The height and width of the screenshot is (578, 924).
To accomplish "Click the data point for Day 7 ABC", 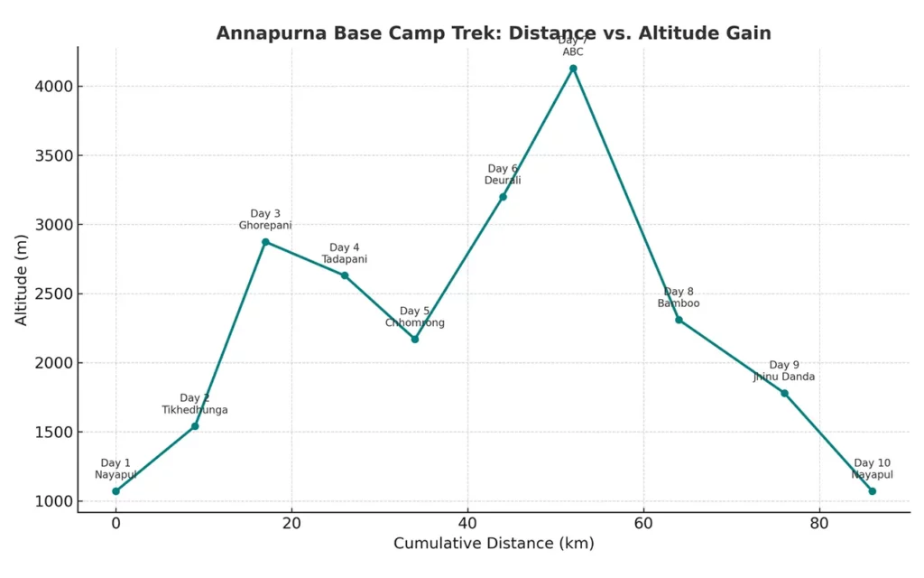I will tap(573, 69).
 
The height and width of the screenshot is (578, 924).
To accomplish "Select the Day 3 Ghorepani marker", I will tap(265, 242).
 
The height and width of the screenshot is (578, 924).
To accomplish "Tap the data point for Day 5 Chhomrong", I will tap(415, 339).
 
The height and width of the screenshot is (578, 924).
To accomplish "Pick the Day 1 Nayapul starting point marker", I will tap(115, 491).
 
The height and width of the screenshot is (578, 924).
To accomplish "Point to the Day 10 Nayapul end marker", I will tap(872, 491).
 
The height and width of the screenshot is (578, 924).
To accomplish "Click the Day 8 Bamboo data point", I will tap(679, 320).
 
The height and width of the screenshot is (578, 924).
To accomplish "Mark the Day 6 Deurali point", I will tap(503, 197).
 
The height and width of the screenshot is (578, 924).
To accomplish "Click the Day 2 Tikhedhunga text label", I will tap(195, 404).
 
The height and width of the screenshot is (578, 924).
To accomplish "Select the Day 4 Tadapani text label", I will tap(344, 254).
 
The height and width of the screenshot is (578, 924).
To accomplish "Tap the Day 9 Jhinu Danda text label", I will tap(784, 371).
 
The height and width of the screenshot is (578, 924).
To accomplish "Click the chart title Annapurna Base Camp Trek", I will tap(494, 33).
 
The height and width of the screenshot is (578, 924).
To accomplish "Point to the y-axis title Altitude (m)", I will tap(22, 278).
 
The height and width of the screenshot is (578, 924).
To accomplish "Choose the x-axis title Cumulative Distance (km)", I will tap(494, 544).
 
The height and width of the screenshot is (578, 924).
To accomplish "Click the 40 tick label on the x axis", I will tap(467, 523).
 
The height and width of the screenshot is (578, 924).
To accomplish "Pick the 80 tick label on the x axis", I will tap(819, 523).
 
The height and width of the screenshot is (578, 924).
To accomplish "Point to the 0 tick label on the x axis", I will tap(115, 523).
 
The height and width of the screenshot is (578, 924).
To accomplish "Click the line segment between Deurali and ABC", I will tap(538, 133).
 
